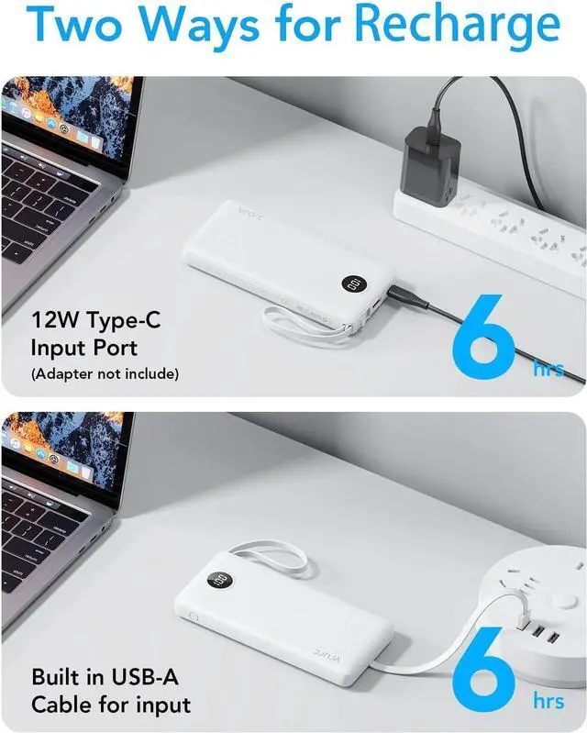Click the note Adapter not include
coord(105,373)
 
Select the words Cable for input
coord(111,705)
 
